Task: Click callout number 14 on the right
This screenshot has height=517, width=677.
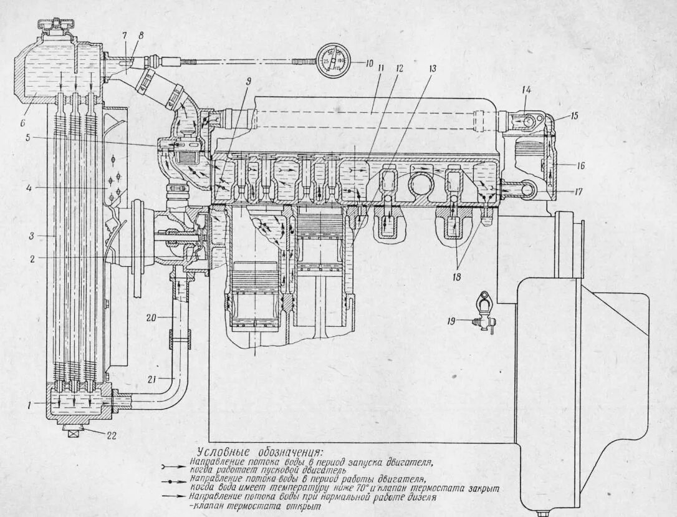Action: (526, 91)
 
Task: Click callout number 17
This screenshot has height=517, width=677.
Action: (579, 191)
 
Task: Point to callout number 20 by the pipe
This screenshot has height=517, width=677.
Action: (151, 317)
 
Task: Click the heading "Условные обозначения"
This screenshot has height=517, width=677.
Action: (259, 451)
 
